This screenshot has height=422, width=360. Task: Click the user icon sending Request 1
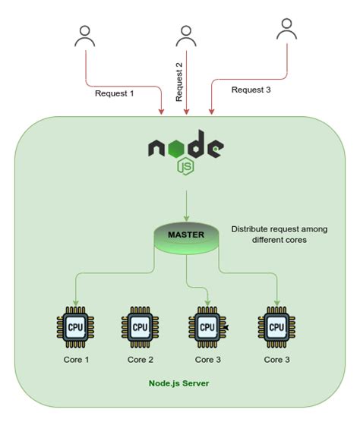coord(85,36)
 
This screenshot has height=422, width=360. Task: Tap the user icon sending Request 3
coord(286,30)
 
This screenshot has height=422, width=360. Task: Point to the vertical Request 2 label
coord(179,82)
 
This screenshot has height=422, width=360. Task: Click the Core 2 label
coord(141,359)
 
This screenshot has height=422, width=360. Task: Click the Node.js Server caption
coord(178,383)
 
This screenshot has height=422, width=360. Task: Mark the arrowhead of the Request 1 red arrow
coord(162,113)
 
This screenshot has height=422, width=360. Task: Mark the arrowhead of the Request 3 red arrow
coord(212,113)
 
